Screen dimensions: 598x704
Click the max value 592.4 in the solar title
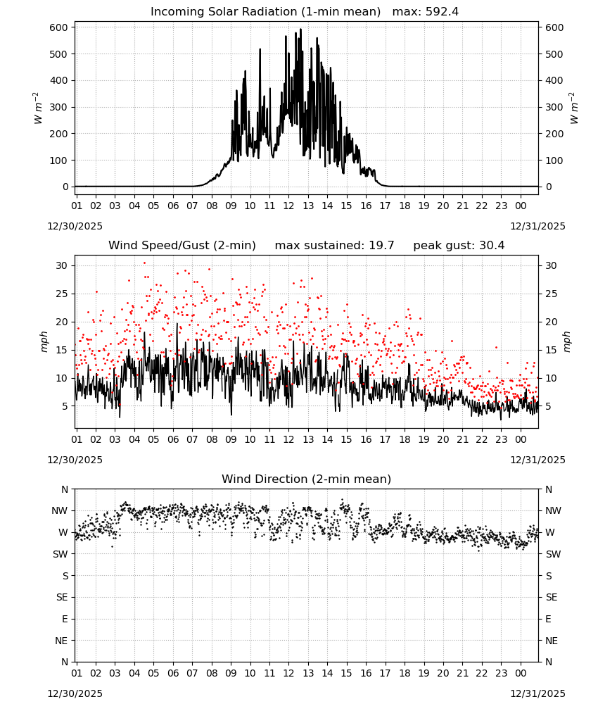[442, 12]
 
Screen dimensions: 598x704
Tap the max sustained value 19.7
[381, 246]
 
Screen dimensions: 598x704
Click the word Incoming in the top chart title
[173, 12]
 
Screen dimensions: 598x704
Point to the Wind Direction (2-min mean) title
[307, 479]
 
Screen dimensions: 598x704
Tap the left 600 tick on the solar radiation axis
[59, 27]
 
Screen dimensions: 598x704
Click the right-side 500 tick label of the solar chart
[554, 54]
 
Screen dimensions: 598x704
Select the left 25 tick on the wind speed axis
[62, 294]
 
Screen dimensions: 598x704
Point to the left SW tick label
[61, 554]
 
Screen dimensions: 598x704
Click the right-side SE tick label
[552, 597]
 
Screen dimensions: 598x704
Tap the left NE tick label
[61, 641]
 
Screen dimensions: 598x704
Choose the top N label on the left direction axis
[65, 489]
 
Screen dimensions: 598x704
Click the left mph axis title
[44, 341]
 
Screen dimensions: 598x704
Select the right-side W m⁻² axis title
[574, 108]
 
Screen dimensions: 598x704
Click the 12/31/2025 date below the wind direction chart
[538, 693]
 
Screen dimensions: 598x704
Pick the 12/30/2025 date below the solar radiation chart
[75, 226]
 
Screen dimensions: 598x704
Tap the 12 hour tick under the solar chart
[288, 206]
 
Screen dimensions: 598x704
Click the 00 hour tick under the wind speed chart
[521, 439]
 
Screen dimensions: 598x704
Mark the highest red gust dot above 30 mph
[144, 263]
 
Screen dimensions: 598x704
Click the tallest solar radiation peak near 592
[300, 29]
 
